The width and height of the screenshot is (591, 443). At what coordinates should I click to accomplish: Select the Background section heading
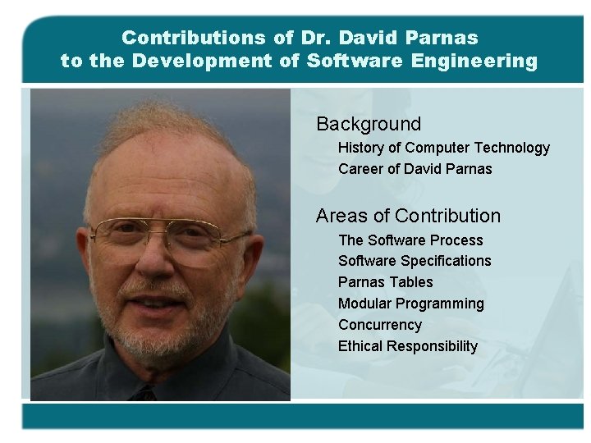coord(369,124)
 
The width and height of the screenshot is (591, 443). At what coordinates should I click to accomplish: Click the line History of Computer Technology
coord(444,148)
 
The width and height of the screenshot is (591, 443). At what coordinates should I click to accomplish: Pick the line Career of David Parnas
coord(415,169)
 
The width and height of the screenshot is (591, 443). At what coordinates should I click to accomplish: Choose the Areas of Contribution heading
coord(408,216)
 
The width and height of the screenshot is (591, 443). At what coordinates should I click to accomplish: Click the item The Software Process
coord(410,240)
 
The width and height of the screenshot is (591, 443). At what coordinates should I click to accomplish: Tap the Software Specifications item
coord(415,261)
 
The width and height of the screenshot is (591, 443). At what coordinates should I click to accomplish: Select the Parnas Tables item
coord(385,282)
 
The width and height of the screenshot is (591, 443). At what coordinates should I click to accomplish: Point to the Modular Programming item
coord(411,304)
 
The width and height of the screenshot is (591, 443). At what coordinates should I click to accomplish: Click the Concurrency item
coord(379,325)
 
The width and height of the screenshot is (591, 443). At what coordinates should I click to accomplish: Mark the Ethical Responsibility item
coord(408,346)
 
